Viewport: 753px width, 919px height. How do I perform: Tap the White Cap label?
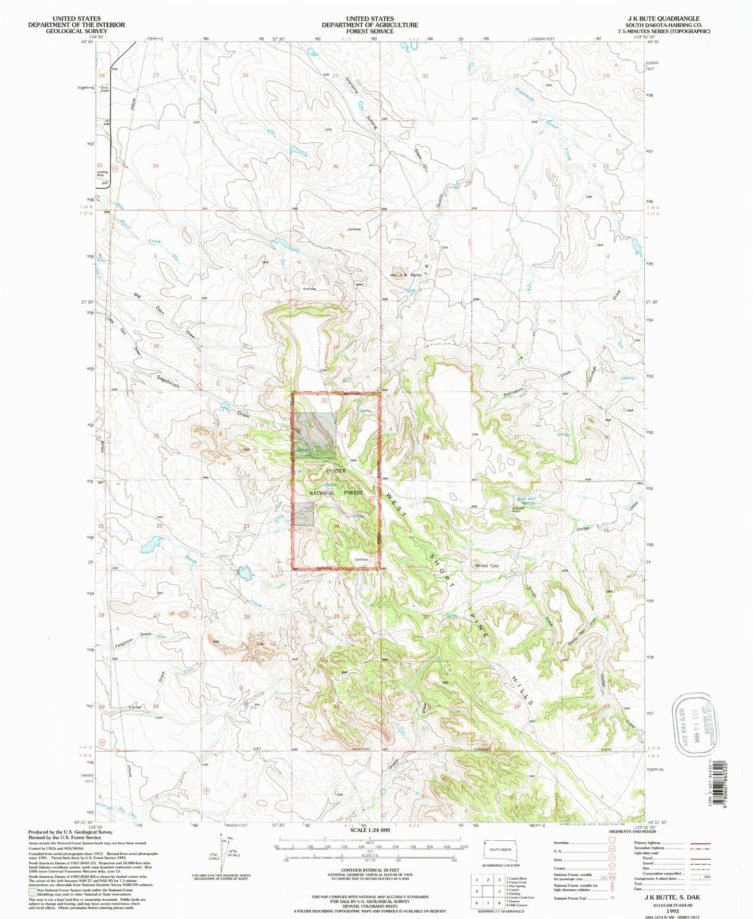[487, 565]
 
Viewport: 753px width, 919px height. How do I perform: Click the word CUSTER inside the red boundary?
[336, 471]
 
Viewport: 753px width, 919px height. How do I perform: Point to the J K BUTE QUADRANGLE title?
[664, 18]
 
